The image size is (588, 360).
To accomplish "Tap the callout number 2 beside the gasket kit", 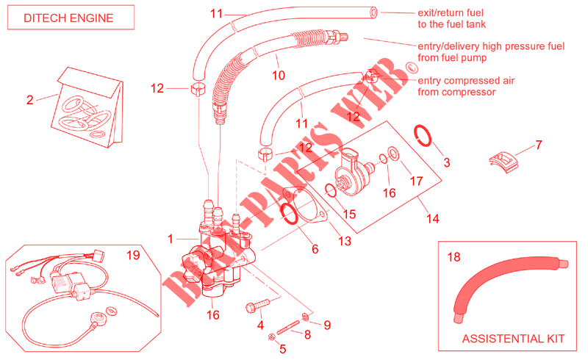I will [30, 101].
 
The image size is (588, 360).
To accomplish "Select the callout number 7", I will [538, 145].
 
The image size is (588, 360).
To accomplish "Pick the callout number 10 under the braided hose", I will [278, 74].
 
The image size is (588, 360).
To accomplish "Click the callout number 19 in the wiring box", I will [132, 256].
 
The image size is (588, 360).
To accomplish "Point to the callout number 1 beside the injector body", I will [170, 239].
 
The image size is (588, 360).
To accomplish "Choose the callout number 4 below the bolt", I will [260, 324].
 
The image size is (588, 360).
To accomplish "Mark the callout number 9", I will [327, 324].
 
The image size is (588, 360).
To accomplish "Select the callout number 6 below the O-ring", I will [315, 250].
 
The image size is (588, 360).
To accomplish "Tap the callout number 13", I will [344, 242].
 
